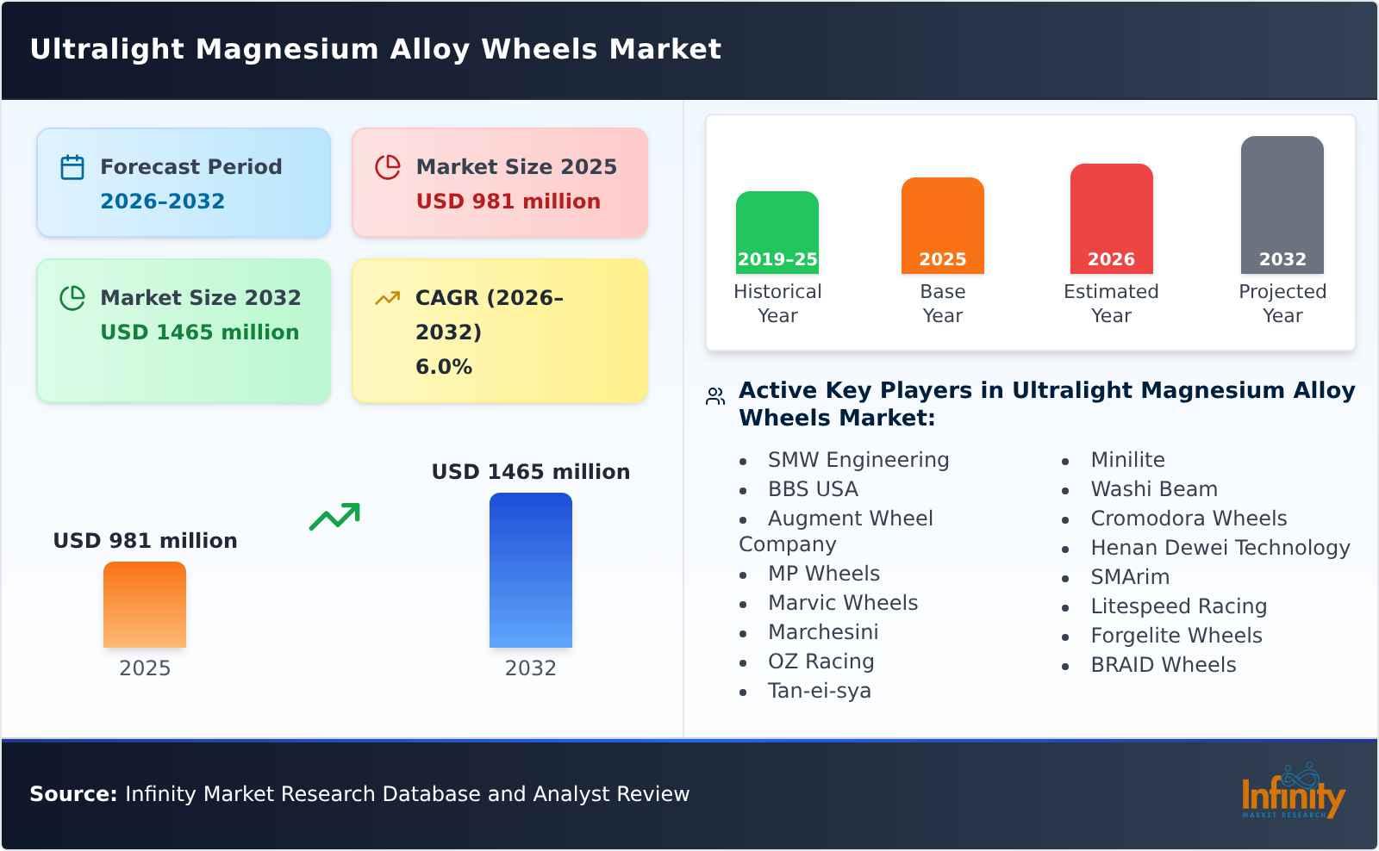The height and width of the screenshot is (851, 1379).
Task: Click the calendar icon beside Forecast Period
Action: (72, 167)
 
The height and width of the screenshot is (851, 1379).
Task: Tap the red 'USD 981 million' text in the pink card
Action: (508, 202)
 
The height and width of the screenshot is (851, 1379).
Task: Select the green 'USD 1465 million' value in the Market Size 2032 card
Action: (199, 332)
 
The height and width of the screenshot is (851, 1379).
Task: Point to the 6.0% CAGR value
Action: (443, 367)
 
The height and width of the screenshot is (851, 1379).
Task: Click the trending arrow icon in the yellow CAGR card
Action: (387, 298)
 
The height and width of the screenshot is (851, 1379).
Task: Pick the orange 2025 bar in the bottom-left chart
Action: (145, 605)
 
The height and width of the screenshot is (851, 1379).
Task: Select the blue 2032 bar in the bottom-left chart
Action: (530, 570)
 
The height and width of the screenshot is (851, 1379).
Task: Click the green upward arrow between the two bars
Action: (334, 517)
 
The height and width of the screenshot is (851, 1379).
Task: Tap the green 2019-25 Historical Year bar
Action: (777, 233)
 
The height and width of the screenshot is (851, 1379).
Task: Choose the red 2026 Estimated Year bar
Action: (1111, 219)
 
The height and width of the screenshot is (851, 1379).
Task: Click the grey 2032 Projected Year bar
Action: (1282, 205)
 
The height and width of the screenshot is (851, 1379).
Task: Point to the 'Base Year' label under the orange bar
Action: (942, 303)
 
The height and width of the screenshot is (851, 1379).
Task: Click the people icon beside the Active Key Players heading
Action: (714, 396)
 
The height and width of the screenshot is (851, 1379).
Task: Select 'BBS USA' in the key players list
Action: (813, 489)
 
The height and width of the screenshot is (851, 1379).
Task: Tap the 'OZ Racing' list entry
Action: (821, 662)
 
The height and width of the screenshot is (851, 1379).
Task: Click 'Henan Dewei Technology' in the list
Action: (1220, 548)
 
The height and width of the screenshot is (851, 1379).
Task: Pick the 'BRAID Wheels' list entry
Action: (1163, 665)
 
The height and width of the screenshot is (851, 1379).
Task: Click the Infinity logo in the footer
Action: (1292, 792)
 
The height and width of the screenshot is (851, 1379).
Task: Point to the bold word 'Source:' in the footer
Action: (73, 794)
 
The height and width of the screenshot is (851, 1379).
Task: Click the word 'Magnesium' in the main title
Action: (288, 49)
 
